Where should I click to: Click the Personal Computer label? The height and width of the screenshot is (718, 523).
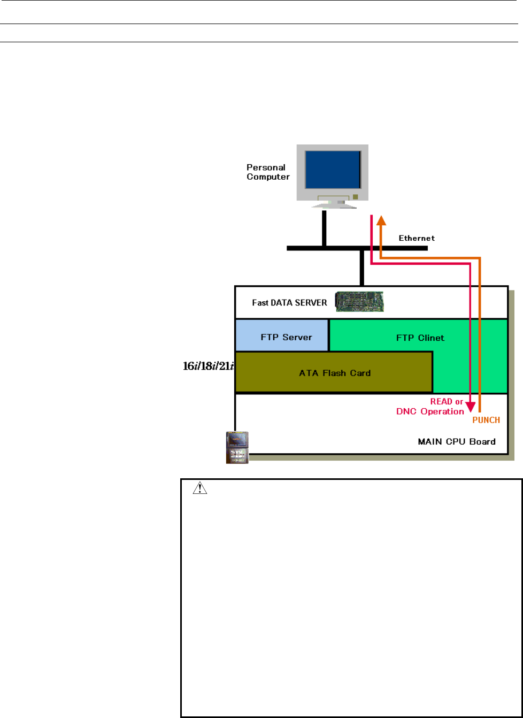(x=268, y=172)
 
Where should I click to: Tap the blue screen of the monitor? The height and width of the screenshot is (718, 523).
(x=333, y=170)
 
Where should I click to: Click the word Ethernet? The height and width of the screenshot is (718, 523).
(x=417, y=238)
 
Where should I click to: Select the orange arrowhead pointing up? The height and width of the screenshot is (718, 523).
(x=381, y=220)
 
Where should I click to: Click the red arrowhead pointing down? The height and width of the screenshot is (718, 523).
(x=470, y=407)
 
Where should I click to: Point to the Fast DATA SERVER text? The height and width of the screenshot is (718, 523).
(x=289, y=303)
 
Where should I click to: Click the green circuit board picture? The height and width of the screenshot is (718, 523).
(x=359, y=302)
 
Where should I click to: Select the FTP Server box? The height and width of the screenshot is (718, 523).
(x=282, y=335)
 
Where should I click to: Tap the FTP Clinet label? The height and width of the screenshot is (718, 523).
(x=420, y=338)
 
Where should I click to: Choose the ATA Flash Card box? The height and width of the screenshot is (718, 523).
(x=334, y=372)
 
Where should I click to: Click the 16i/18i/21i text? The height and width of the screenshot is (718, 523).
(x=209, y=366)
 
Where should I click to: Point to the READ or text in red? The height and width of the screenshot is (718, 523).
(x=447, y=402)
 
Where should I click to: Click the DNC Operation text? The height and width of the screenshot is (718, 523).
(x=430, y=411)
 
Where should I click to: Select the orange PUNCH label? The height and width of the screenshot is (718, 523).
(x=486, y=420)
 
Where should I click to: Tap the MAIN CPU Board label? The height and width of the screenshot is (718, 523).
(x=457, y=442)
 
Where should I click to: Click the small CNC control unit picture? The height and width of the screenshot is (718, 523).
(x=237, y=447)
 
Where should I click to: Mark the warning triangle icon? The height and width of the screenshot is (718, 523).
(x=199, y=488)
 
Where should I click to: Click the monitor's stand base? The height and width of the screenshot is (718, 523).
(x=334, y=206)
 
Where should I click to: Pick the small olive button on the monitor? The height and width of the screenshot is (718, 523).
(x=356, y=197)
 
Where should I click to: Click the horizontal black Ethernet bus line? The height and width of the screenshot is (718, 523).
(x=357, y=248)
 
